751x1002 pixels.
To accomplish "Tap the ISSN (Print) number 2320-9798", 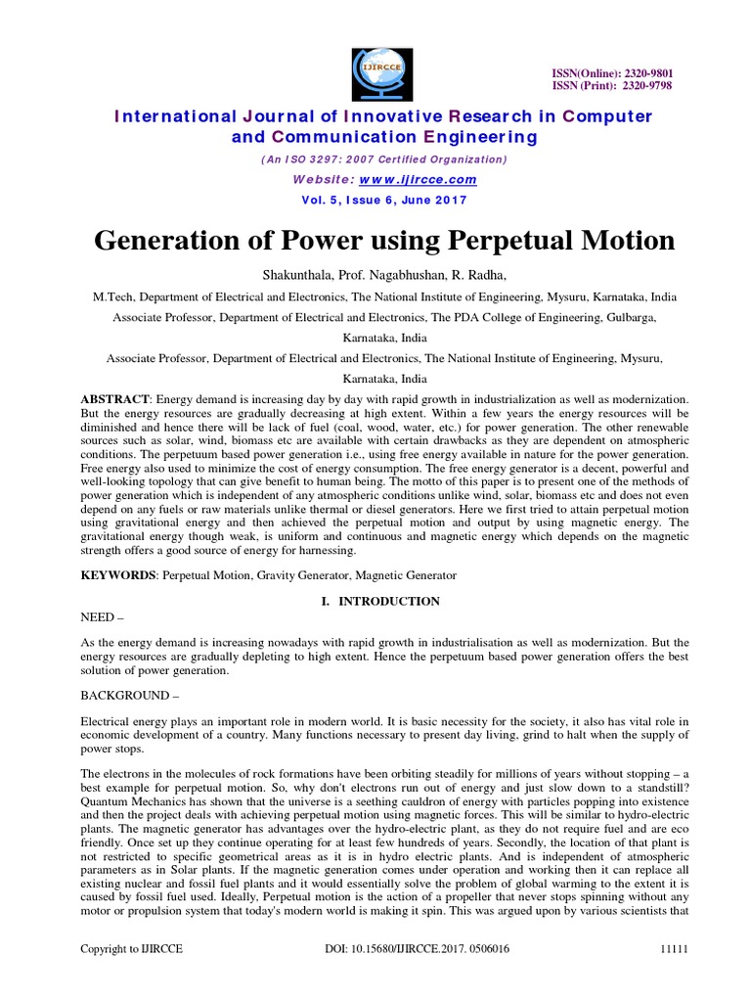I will (644, 86).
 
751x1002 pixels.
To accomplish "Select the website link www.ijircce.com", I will (418, 179).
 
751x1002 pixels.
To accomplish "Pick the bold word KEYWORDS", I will (116, 575).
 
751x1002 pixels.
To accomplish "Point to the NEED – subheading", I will (101, 618).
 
